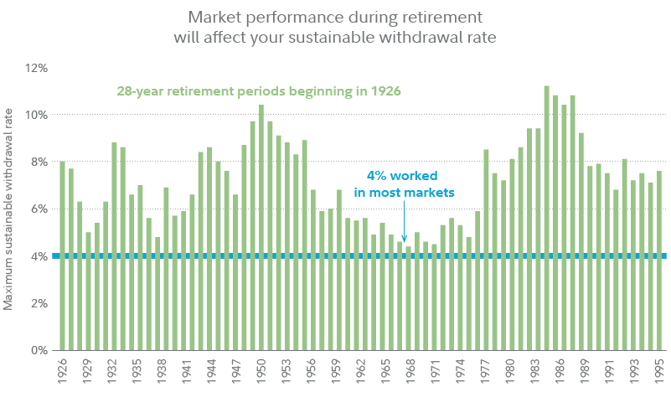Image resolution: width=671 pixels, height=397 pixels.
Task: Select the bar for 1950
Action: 261,227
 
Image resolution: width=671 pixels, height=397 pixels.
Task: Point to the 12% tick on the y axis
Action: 38,67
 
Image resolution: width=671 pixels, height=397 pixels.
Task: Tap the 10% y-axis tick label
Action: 38,115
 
